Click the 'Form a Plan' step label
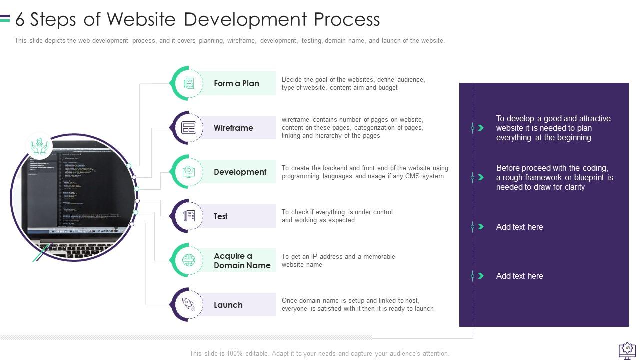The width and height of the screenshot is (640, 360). [x=236, y=83]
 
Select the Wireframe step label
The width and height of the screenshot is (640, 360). [x=233, y=128]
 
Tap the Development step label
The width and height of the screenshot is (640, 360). [x=240, y=172]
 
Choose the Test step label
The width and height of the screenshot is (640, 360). [x=220, y=216]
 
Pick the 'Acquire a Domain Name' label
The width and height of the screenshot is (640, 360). [x=242, y=261]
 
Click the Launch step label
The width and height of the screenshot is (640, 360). [x=228, y=305]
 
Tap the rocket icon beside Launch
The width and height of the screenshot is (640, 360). [x=189, y=304]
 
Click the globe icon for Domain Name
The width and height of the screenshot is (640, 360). [x=189, y=260]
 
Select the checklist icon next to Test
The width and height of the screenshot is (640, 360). [x=189, y=216]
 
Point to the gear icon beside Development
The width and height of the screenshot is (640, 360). [x=189, y=172]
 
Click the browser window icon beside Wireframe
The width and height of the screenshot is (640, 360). [x=189, y=128]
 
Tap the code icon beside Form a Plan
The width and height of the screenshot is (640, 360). [x=189, y=83]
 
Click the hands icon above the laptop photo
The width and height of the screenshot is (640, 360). [x=39, y=146]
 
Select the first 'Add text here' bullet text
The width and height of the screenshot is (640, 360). [x=519, y=227]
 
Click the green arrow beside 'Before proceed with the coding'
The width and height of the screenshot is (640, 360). [x=481, y=177]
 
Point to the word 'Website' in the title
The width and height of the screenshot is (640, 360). [x=141, y=19]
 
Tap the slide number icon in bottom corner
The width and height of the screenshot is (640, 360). [x=627, y=349]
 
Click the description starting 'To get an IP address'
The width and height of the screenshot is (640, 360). [x=338, y=260]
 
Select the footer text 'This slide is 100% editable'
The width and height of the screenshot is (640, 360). [x=319, y=353]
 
